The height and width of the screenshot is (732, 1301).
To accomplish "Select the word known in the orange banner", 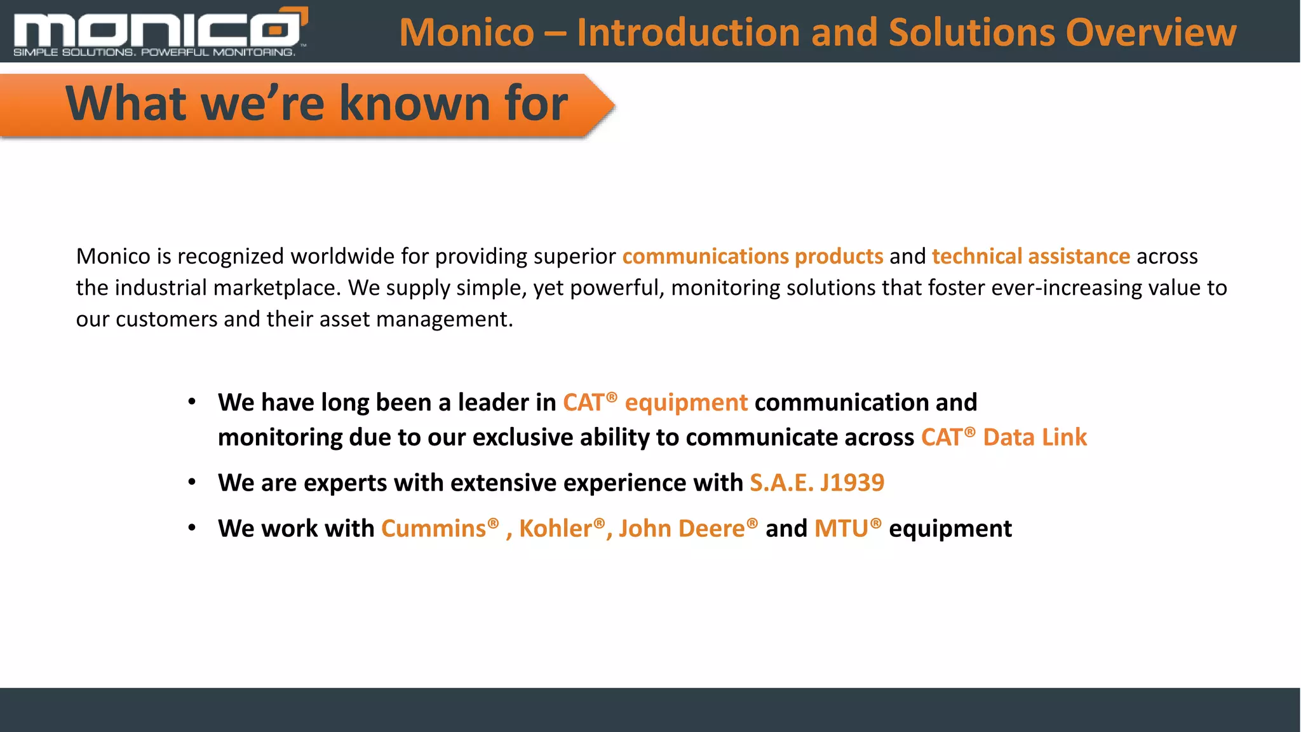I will click(x=415, y=103).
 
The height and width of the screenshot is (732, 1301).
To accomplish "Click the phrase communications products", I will click(x=752, y=256).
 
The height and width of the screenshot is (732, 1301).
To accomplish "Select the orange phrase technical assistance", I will click(x=1030, y=256).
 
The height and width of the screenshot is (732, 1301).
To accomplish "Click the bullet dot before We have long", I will click(x=192, y=402).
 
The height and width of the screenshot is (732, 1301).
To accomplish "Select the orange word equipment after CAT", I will click(x=686, y=403).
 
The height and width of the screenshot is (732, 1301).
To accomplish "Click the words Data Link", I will click(x=1035, y=438).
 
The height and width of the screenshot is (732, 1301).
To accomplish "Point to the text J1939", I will click(x=852, y=483).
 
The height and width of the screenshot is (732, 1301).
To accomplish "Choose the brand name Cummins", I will click(x=433, y=529).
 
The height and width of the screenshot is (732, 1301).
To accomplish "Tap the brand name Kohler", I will click(x=555, y=529).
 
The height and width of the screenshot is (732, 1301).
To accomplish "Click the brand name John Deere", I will click(x=682, y=529).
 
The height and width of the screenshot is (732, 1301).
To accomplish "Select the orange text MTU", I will click(x=841, y=529).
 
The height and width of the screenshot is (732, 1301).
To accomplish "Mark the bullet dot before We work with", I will click(x=192, y=529).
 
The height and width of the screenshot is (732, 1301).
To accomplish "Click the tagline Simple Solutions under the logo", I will click(x=74, y=52).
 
